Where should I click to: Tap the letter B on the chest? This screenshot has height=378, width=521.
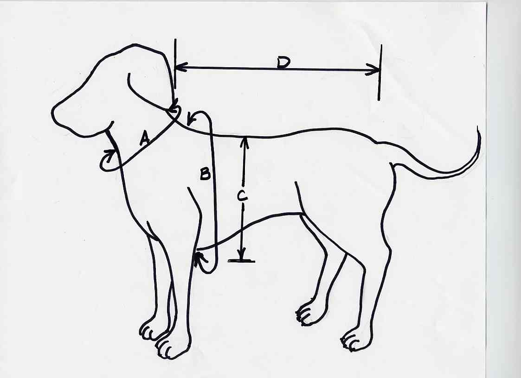tap(205, 174)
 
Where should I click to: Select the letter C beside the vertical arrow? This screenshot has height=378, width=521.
tap(242, 196)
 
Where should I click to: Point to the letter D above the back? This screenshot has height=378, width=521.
tap(283, 63)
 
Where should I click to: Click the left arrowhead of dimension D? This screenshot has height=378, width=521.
tap(180, 67)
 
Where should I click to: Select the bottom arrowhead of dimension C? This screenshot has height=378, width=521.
tap(242, 254)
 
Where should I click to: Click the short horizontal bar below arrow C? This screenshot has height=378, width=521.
tap(241, 261)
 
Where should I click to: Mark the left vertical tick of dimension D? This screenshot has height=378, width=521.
tap(175, 63)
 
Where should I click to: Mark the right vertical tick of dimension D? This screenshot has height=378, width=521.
tap(380, 72)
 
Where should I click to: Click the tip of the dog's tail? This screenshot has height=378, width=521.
tap(478, 127)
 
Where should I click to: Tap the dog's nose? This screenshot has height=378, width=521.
tap(53, 113)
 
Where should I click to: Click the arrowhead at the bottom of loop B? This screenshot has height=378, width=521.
tap(199, 257)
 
